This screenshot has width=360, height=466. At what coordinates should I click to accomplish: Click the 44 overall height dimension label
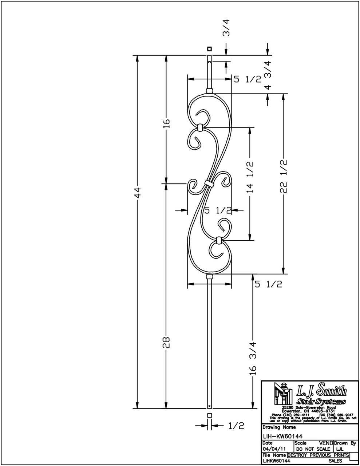138,193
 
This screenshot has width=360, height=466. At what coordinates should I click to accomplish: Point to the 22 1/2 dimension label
284,176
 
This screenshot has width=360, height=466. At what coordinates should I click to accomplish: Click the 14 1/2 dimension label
250,177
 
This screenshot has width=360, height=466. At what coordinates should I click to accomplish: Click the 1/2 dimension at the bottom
236,426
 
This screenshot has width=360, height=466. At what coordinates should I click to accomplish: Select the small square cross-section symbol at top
209,49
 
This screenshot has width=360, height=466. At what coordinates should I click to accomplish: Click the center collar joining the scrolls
209,183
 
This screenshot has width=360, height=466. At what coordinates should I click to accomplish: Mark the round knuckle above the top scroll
209,91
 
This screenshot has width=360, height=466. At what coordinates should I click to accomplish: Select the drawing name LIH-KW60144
283,436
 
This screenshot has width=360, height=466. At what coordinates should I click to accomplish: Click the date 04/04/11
275,449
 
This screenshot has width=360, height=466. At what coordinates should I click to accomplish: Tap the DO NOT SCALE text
313,449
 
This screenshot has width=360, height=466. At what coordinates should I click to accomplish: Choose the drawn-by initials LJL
339,449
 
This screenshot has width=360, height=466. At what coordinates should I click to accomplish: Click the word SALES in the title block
335,461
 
